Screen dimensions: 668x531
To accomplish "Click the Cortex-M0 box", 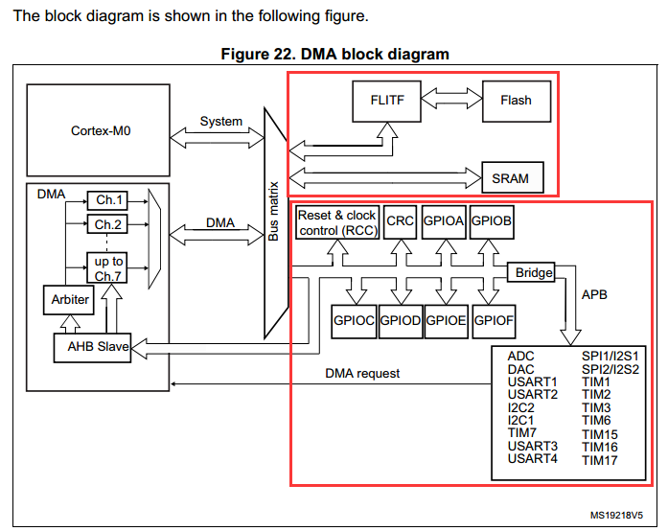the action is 99,130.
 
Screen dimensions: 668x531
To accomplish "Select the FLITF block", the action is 387,102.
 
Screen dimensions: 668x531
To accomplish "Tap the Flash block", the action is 517,102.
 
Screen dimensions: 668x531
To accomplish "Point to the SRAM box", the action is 513,177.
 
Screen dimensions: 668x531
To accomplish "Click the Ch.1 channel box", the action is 107,200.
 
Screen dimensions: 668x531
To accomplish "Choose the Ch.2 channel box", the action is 107,224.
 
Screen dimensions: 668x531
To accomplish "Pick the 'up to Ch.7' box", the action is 107,267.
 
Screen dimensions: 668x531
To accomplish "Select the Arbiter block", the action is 69,300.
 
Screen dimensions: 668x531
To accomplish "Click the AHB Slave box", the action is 92,348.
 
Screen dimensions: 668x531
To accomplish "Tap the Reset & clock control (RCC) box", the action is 337,222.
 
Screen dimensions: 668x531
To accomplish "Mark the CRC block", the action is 400,222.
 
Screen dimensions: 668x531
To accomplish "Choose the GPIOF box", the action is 494,321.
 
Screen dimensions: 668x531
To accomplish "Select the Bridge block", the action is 531,272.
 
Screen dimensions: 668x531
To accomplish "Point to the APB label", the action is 594,294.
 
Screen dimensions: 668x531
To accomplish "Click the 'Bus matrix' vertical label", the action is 273,212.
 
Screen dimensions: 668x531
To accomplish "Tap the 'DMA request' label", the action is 362,373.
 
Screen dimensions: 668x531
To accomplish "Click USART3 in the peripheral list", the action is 533,447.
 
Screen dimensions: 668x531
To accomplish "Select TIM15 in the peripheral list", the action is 600,435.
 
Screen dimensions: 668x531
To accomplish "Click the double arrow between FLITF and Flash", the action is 451,99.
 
